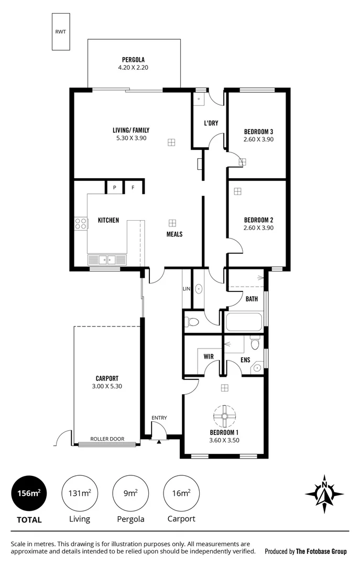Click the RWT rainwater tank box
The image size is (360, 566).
pyautogui.click(x=61, y=31)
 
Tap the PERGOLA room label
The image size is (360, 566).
pyautogui.click(x=133, y=60)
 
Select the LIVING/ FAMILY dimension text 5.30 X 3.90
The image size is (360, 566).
pyautogui.click(x=131, y=138)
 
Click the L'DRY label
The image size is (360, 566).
pyautogui.click(x=211, y=123)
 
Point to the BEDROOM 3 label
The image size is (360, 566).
pyautogui.click(x=259, y=131)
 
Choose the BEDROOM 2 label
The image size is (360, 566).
pyautogui.click(x=259, y=220)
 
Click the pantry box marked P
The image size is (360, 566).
pyautogui.click(x=114, y=187)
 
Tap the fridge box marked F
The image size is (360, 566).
pyautogui.click(x=133, y=187)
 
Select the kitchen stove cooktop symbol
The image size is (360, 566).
pyautogui.click(x=81, y=224)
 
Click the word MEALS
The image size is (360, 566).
pyautogui.click(x=174, y=234)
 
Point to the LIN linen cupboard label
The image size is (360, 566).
pyautogui.click(x=186, y=289)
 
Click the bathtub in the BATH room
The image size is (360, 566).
pyautogui.click(x=243, y=322)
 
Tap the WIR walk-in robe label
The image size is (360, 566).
pyautogui.click(x=208, y=356)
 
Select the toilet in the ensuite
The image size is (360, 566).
pyautogui.click(x=255, y=343)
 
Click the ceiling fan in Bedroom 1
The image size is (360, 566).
pyautogui.click(x=224, y=416)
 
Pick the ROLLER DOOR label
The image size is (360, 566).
pyautogui.click(x=107, y=439)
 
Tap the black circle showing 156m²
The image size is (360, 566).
pyautogui.click(x=29, y=493)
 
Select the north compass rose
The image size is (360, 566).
pyautogui.click(x=324, y=494)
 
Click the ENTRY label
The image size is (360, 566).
pyautogui.click(x=159, y=418)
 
